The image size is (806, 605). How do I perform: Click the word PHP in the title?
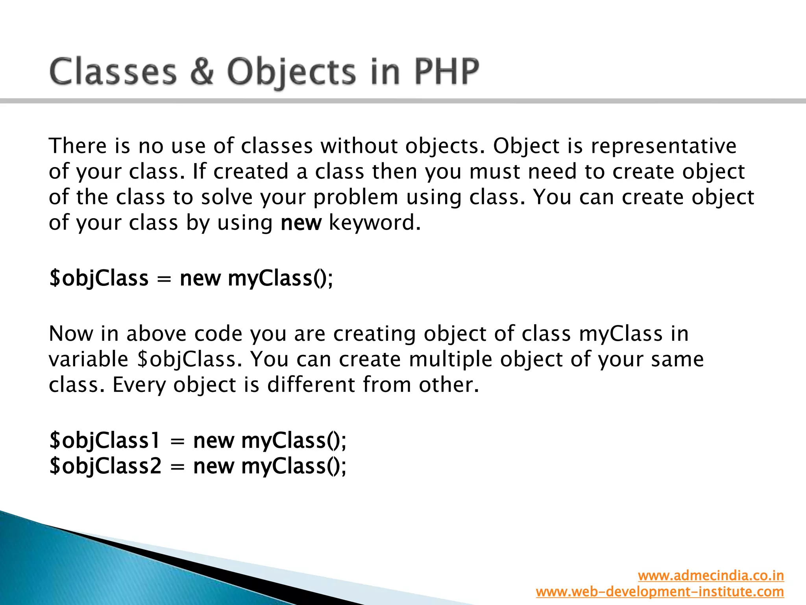[x=447, y=72]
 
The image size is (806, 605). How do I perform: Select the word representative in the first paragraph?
[x=664, y=146]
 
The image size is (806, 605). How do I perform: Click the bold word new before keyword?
[x=301, y=223]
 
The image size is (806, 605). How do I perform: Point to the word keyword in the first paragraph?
[x=374, y=223]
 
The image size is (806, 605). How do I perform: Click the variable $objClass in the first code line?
[x=99, y=278]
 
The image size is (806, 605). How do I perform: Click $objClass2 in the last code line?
[x=105, y=466]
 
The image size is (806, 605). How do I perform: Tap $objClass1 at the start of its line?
[x=105, y=441]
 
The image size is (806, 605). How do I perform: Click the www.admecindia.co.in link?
[x=711, y=575]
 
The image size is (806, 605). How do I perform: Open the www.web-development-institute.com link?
[x=660, y=592]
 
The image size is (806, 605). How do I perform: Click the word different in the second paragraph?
[x=311, y=385]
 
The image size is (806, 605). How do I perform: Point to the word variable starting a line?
[x=89, y=360]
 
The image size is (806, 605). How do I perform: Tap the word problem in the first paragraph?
[x=356, y=197]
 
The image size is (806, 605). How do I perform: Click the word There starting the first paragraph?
[x=78, y=146]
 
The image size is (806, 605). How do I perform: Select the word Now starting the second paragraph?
[x=71, y=334]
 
